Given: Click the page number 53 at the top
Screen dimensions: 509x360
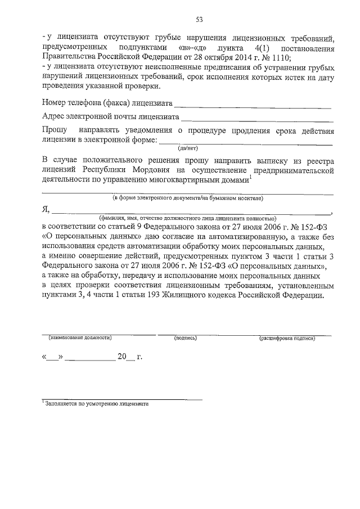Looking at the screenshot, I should click(199, 20).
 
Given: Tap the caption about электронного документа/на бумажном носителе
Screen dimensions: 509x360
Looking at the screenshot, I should click(188, 198).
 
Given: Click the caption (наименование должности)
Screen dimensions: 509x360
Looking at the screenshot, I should click(79, 338).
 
